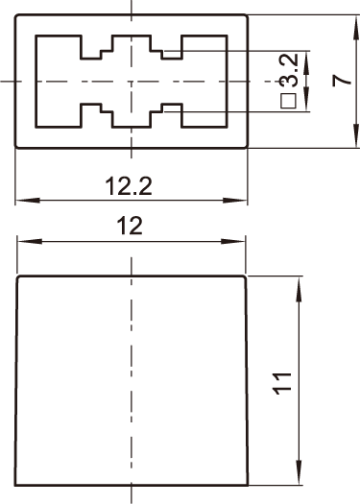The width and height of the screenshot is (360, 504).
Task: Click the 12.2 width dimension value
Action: pyautogui.click(x=129, y=186)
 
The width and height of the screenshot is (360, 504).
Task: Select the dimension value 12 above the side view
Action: pyautogui.click(x=130, y=226)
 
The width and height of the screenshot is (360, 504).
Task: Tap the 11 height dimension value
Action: pyautogui.click(x=282, y=383)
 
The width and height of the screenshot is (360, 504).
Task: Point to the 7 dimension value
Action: pyautogui.click(x=342, y=81)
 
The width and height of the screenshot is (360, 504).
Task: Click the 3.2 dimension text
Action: pyautogui.click(x=289, y=71)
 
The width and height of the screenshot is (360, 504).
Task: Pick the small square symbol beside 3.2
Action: pyautogui.click(x=288, y=101)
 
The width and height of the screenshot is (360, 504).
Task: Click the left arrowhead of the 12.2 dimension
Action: pyautogui.click(x=28, y=201)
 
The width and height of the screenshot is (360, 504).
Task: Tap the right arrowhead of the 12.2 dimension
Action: pyautogui.click(x=234, y=201)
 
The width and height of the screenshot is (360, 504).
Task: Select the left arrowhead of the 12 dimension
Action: pyautogui.click(x=30, y=241)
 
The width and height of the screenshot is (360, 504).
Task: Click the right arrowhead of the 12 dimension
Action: pyautogui.click(x=233, y=241)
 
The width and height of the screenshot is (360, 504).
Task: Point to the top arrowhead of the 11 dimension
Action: pyautogui.click(x=299, y=290)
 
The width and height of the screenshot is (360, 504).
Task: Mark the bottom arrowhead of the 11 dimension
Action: pyautogui.click(x=299, y=473)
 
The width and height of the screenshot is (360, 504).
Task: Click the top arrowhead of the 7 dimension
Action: pyautogui.click(x=355, y=27)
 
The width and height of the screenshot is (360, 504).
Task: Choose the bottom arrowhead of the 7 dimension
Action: pyautogui.click(x=355, y=135)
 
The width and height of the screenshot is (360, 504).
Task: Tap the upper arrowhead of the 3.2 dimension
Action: pyautogui.click(x=306, y=62)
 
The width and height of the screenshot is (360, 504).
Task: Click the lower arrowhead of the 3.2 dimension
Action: pyautogui.click(x=306, y=99)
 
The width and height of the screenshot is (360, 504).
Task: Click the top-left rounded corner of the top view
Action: pyautogui.click(x=16, y=16)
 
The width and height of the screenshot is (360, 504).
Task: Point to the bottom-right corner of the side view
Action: pyautogui.click(x=248, y=485)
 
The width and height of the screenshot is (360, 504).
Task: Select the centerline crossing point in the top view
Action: pyautogui.click(x=131, y=81)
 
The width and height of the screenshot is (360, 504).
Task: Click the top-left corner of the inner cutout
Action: pyautogui.click(x=36, y=36)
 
